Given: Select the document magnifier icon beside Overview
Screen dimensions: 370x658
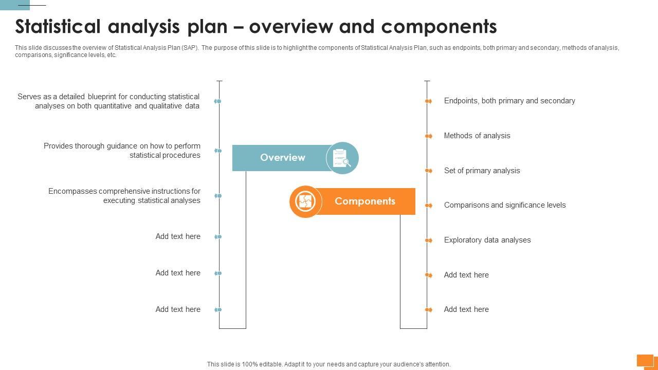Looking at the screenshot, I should pyautogui.click(x=342, y=158).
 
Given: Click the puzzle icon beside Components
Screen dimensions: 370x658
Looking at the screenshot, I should pyautogui.click(x=305, y=201).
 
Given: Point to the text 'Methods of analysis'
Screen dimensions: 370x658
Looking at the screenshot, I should pyautogui.click(x=477, y=136).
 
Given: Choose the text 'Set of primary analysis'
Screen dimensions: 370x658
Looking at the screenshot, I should pyautogui.click(x=482, y=171).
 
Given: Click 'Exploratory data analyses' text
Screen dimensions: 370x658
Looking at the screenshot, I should pyautogui.click(x=487, y=240).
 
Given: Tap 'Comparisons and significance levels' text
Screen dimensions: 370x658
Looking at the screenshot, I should pyautogui.click(x=505, y=205).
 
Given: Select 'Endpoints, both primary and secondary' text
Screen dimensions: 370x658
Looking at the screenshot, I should pyautogui.click(x=509, y=101).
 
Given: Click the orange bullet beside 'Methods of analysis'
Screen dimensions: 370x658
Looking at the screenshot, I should pyautogui.click(x=428, y=136).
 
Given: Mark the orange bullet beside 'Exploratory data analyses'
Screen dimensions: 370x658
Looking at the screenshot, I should pyautogui.click(x=428, y=240).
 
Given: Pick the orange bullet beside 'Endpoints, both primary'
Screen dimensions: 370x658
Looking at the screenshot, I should pyautogui.click(x=428, y=101).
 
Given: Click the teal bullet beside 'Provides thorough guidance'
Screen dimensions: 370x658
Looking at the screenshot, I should pyautogui.click(x=218, y=151).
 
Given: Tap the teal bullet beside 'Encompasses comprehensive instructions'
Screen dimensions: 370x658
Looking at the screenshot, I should pyautogui.click(x=218, y=196).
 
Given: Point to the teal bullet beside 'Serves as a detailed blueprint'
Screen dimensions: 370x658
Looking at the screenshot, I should pyautogui.click(x=218, y=101).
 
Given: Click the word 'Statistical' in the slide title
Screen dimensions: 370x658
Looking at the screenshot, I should pyautogui.click(x=58, y=26).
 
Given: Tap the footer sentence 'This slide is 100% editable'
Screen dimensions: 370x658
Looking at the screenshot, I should pyautogui.click(x=328, y=364).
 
